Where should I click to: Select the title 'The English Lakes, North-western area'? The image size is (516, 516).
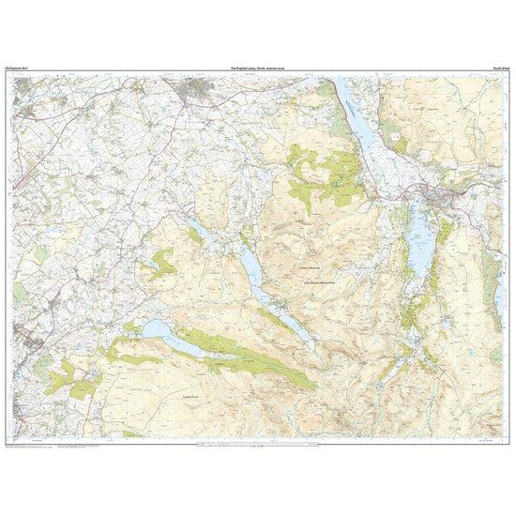click(258, 68)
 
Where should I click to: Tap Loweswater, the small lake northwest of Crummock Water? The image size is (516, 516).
click(198, 230)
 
